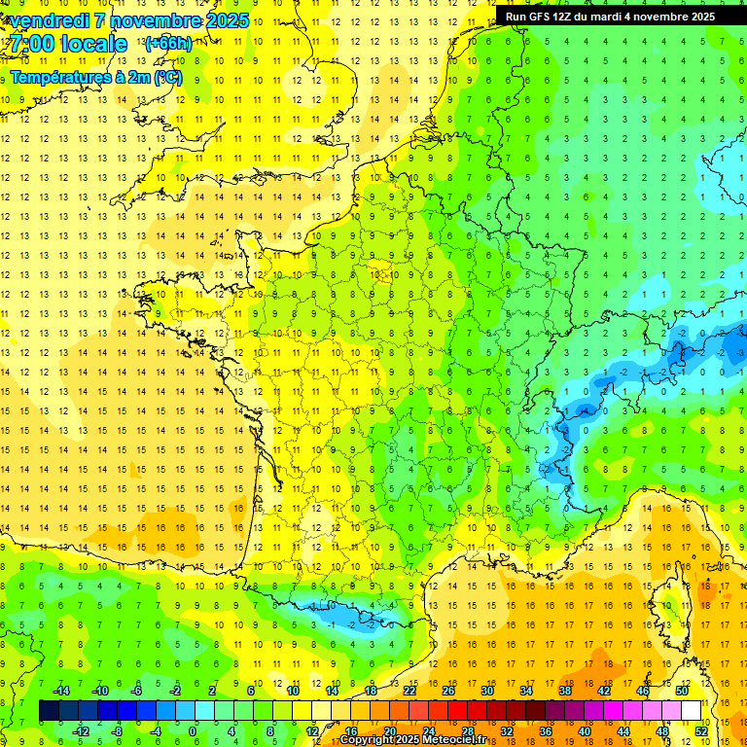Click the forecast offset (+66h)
click(x=167, y=44)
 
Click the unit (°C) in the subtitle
click(x=166, y=77)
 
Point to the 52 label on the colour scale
click(x=700, y=731)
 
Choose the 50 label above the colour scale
click(x=681, y=691)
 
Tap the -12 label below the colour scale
click(x=80, y=731)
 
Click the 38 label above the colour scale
click(x=564, y=691)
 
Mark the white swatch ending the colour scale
click(x=691, y=711)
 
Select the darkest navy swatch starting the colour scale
click(x=49, y=711)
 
